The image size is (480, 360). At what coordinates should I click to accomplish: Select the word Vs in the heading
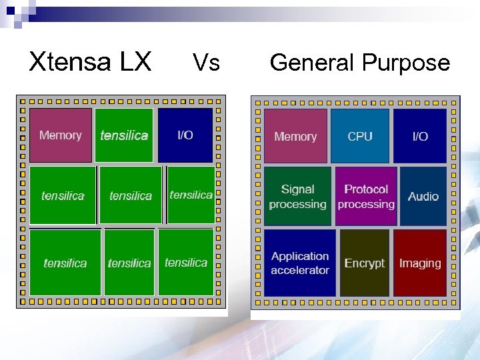click(x=206, y=63)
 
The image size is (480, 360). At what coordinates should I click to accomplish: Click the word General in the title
click(x=312, y=63)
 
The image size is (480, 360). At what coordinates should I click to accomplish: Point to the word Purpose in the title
click(x=406, y=63)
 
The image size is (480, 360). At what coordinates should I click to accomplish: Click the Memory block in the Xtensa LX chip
click(x=60, y=135)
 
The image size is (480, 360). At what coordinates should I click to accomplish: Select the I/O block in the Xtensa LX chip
click(x=185, y=135)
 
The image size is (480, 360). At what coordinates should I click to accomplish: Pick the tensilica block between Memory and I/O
click(x=124, y=135)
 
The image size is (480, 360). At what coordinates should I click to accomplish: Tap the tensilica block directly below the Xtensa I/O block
click(x=191, y=195)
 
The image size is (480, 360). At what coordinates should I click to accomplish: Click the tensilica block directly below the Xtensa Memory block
click(x=63, y=195)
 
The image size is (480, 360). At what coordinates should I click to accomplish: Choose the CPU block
click(x=360, y=136)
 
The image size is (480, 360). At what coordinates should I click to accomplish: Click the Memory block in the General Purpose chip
click(x=295, y=136)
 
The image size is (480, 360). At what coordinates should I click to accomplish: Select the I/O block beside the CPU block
click(x=420, y=136)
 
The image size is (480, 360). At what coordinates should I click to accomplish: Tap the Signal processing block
click(x=298, y=197)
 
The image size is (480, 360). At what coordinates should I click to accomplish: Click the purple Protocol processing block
click(x=366, y=197)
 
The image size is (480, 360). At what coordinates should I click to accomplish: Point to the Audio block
click(x=423, y=196)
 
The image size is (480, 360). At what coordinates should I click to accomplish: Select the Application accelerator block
click(x=300, y=263)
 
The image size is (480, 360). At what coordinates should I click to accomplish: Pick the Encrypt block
click(x=365, y=263)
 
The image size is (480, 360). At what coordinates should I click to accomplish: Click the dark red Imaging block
click(x=420, y=263)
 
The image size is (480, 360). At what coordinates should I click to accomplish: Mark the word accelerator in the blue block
click(x=300, y=270)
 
